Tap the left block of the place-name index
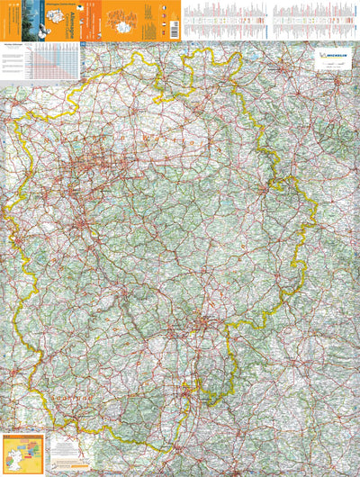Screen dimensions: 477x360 [x=223, y=19]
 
